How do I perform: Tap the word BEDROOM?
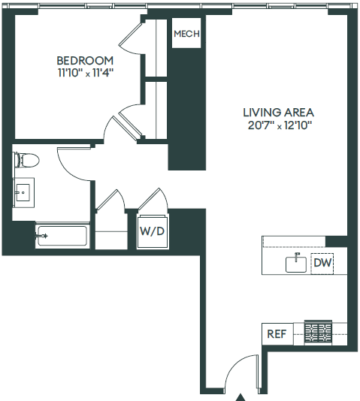tap(85, 61)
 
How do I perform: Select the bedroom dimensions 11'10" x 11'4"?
tap(85, 73)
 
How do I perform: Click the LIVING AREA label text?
tap(278, 112)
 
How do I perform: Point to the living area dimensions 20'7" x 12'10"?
tap(277, 125)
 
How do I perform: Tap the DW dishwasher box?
tap(322, 264)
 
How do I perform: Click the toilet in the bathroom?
tap(26, 160)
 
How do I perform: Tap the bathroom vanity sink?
tap(23, 193)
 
